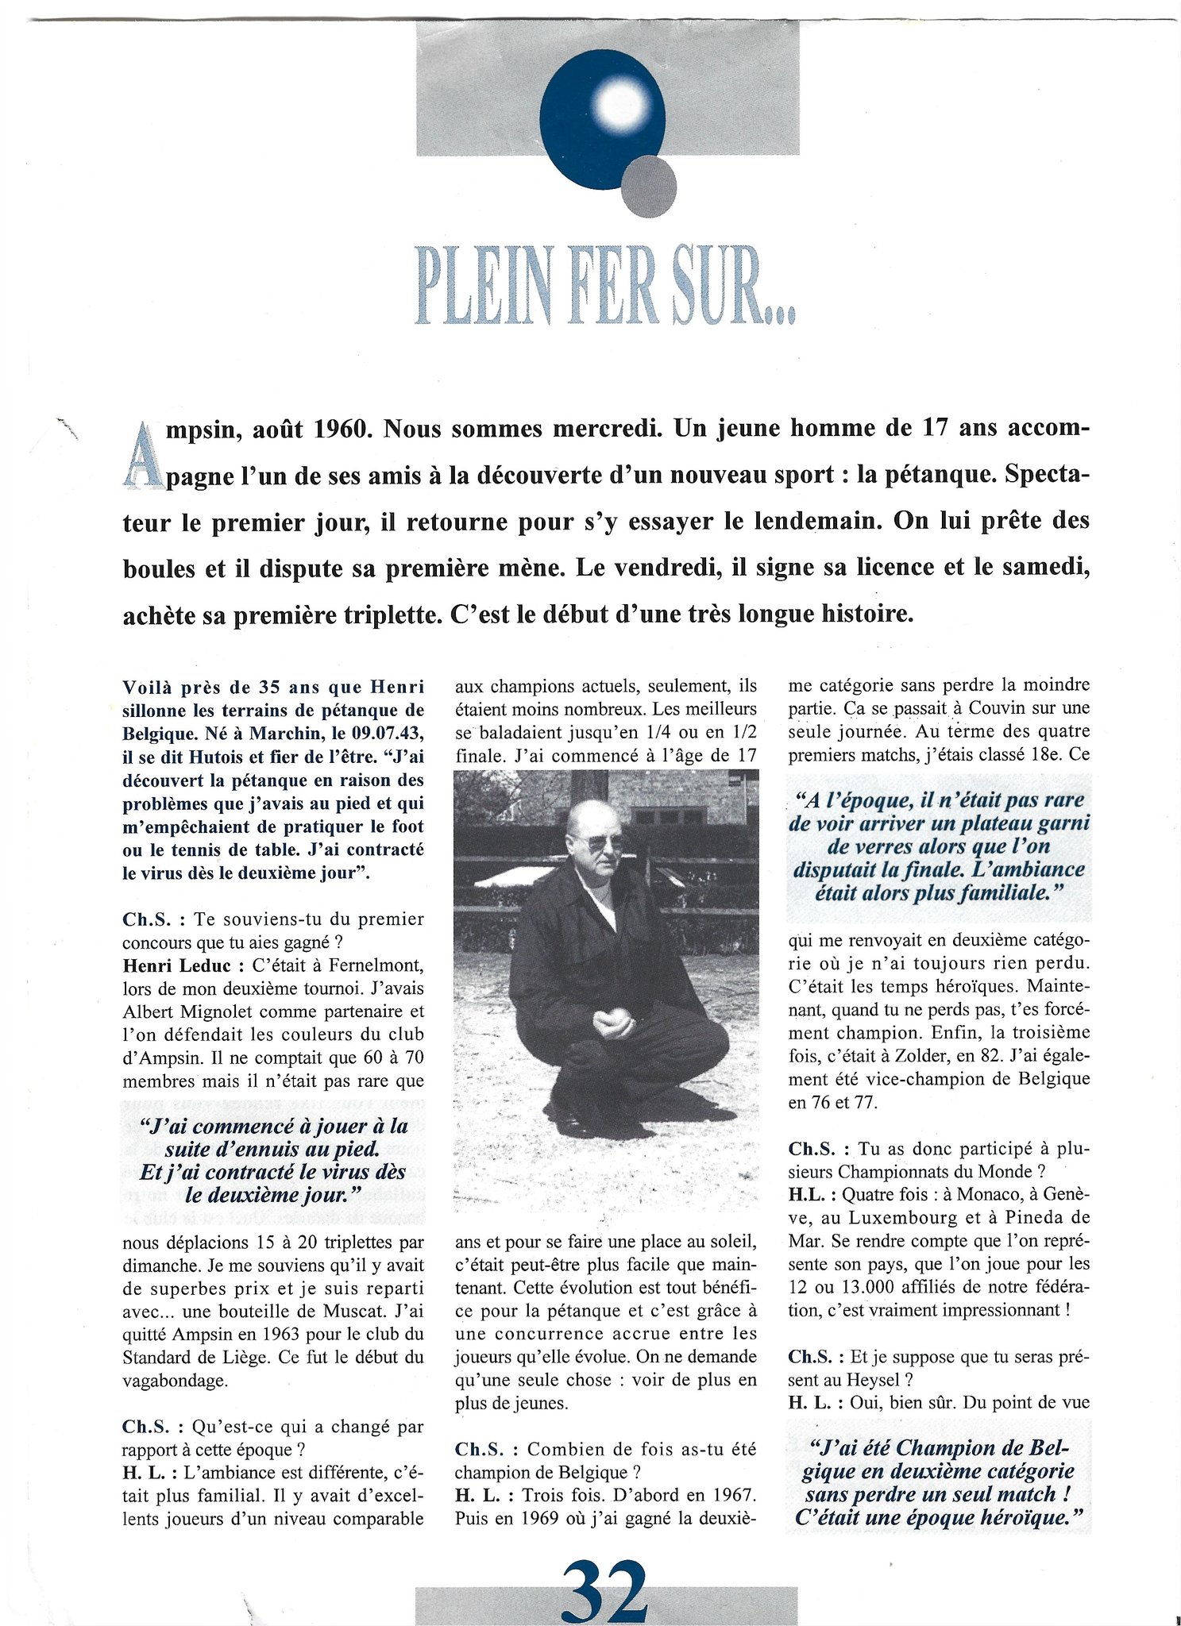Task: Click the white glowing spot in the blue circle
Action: coord(622,105)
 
